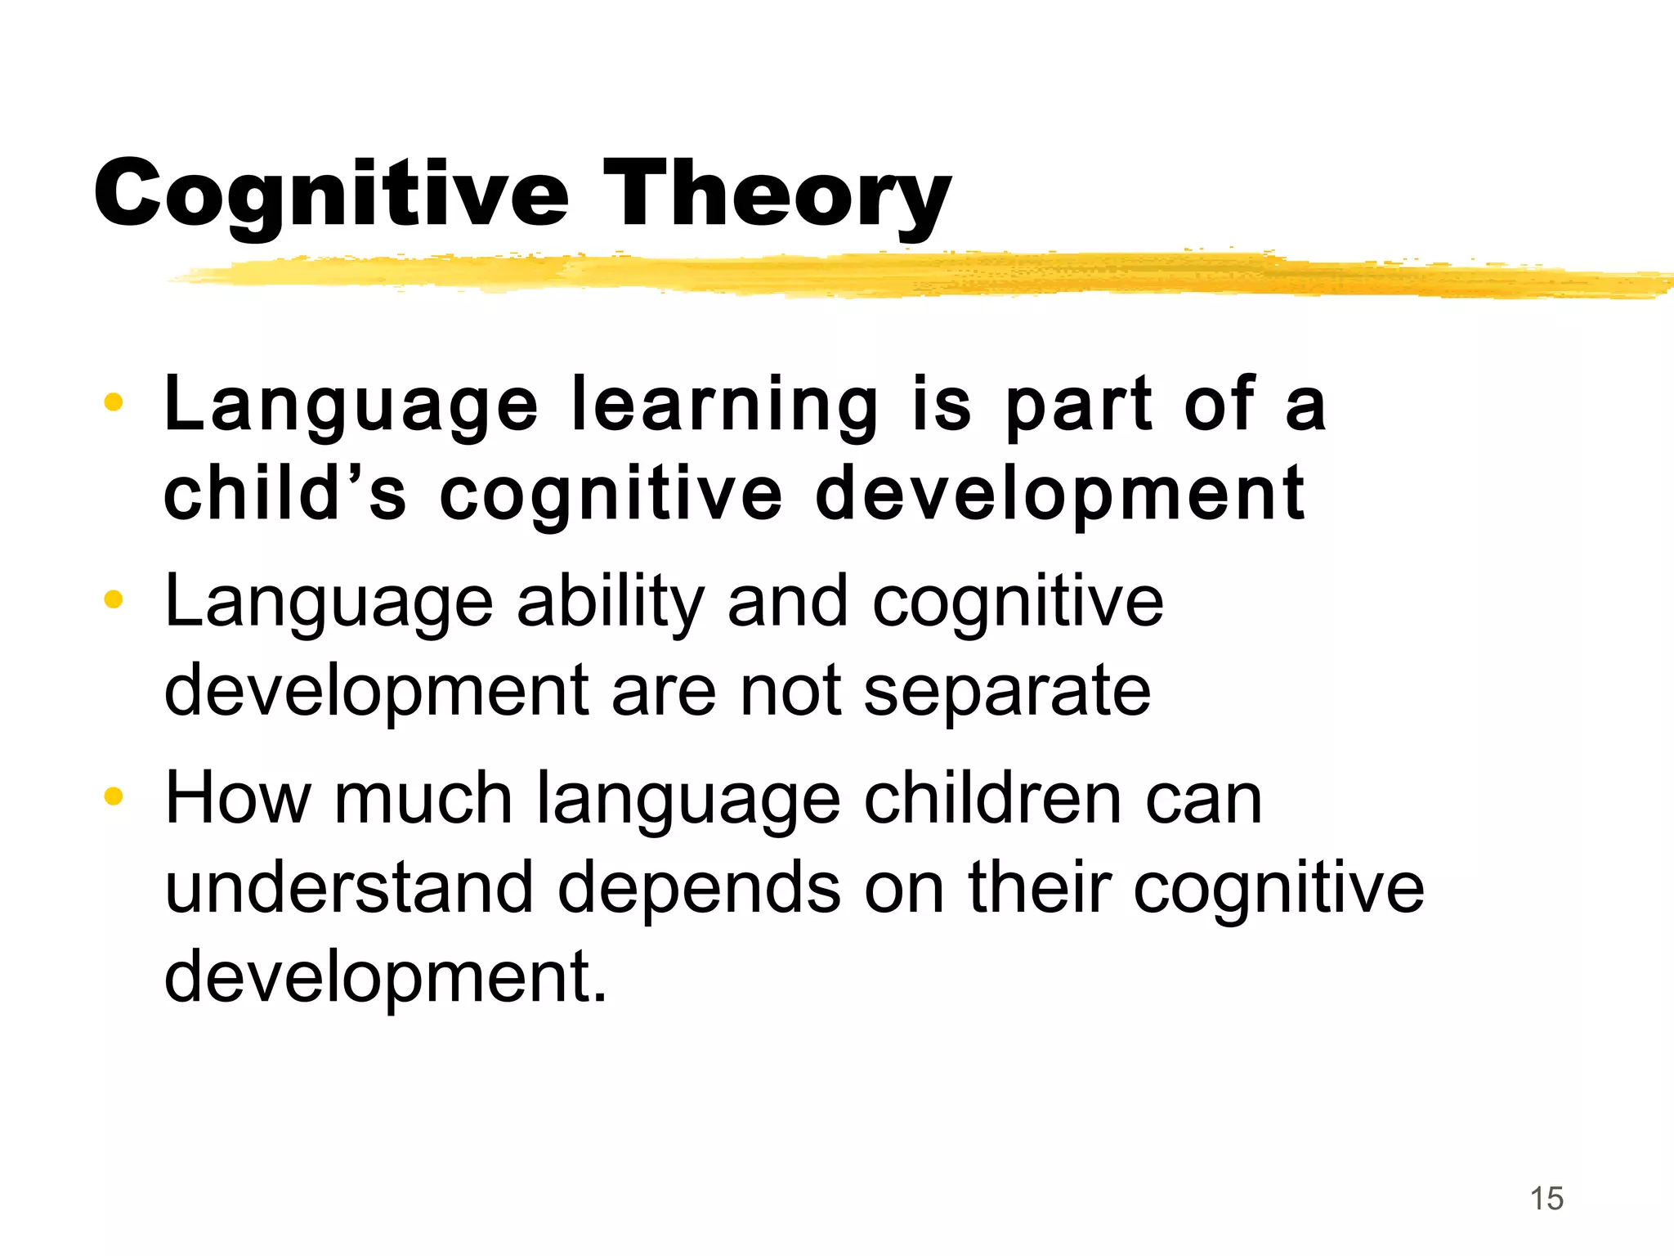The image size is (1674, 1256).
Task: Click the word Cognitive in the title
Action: [x=330, y=195]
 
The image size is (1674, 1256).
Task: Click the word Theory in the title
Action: [x=777, y=195]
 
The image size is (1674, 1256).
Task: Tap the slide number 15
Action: [x=1546, y=1199]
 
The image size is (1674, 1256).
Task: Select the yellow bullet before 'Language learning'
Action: [x=114, y=401]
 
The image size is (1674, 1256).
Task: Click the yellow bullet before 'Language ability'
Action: [x=114, y=599]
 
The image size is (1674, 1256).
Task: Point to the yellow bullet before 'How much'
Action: [x=114, y=796]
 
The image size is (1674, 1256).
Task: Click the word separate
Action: [x=1007, y=692]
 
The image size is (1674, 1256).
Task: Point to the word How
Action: [x=238, y=798]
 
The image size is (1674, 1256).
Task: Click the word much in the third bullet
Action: [x=423, y=798]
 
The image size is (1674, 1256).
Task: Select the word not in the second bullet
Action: [x=790, y=692]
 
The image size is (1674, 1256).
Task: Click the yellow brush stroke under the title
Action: [x=899, y=275]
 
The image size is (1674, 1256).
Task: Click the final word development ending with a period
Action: [x=386, y=978]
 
